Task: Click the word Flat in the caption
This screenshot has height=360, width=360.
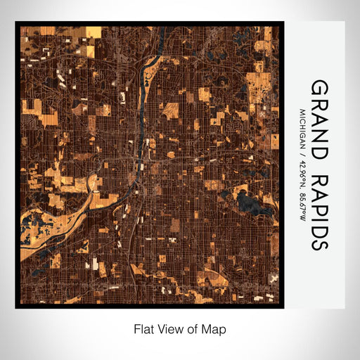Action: click(x=143, y=328)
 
